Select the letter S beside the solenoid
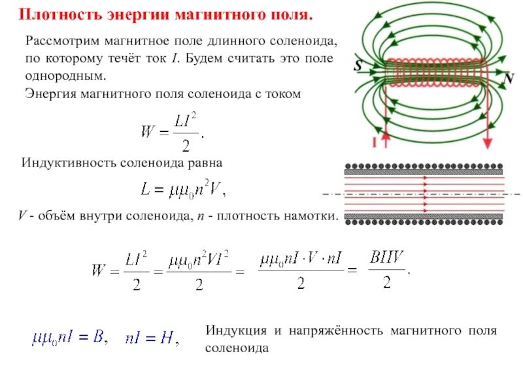point(358,65)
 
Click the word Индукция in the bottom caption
point(233,331)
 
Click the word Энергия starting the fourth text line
point(50,93)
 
